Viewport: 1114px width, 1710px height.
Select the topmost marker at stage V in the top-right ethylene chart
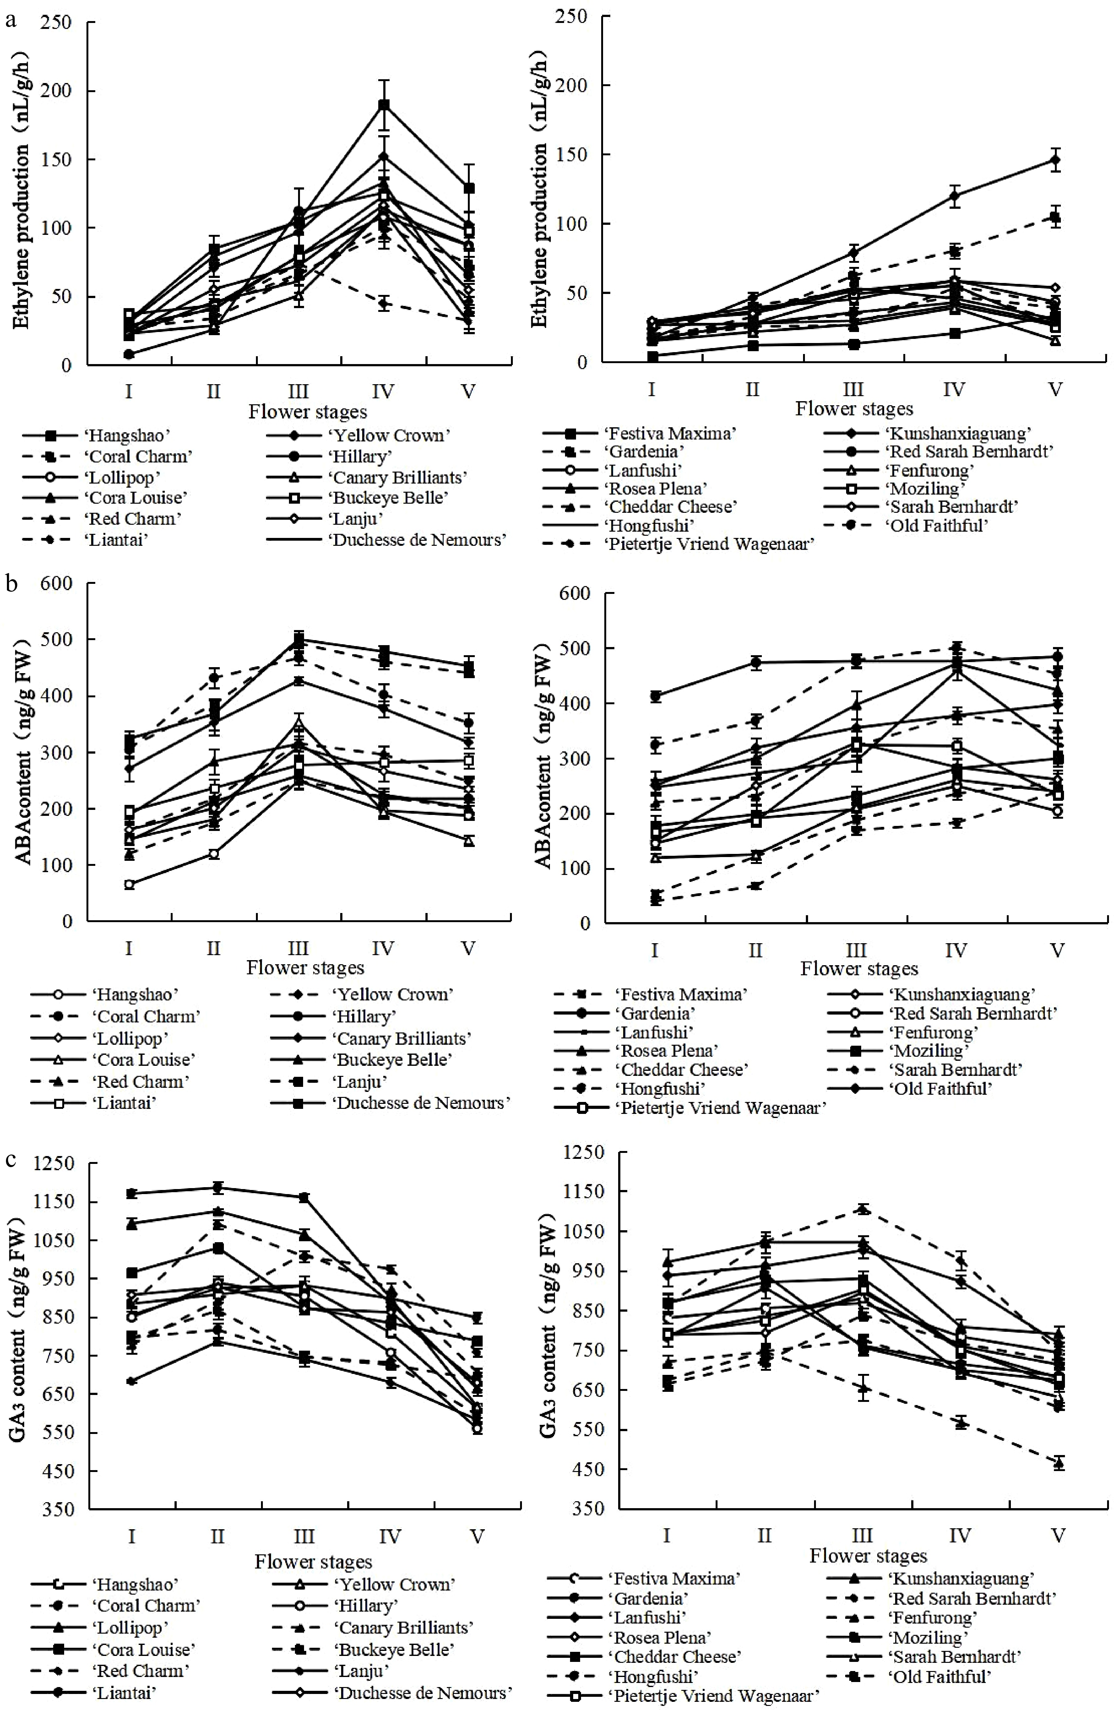(1055, 160)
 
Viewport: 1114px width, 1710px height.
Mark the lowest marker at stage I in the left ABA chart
(129, 884)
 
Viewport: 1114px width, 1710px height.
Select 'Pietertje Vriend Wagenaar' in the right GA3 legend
(714, 1696)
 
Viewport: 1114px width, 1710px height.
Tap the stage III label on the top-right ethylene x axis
(853, 390)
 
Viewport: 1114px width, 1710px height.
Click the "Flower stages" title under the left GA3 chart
(313, 1561)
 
